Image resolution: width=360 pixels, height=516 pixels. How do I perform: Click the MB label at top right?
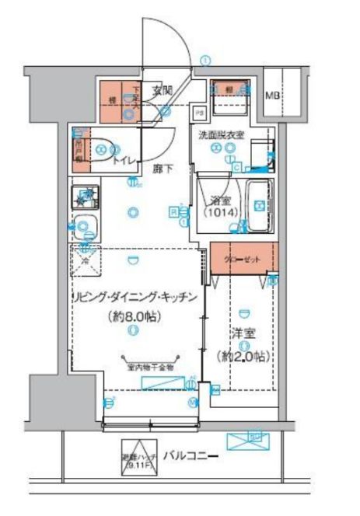(272, 96)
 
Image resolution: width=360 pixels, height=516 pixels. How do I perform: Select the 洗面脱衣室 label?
(221, 134)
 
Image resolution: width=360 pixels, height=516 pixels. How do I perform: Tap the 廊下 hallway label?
(162, 166)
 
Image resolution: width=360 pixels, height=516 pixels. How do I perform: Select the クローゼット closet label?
(242, 260)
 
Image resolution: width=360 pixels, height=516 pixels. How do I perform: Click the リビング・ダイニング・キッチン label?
(131, 298)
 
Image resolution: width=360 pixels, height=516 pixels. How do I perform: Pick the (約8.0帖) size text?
(133, 316)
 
